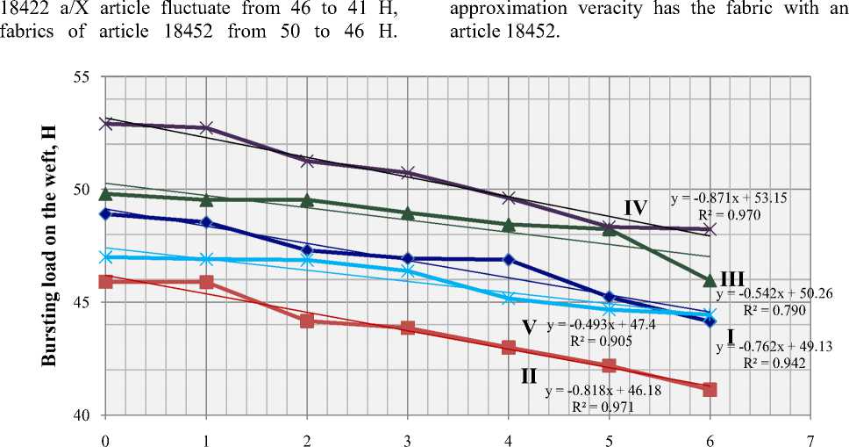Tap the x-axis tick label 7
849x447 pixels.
point(810,436)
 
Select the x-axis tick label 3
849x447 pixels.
point(408,436)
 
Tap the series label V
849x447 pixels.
point(529,327)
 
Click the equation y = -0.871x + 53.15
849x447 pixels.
point(729,198)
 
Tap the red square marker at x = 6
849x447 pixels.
point(710,389)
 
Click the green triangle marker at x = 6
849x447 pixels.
point(710,280)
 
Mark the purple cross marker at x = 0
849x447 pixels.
point(105,124)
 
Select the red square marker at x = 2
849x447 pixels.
point(307,321)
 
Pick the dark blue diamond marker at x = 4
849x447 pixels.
point(509,259)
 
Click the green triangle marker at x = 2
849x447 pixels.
point(307,200)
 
